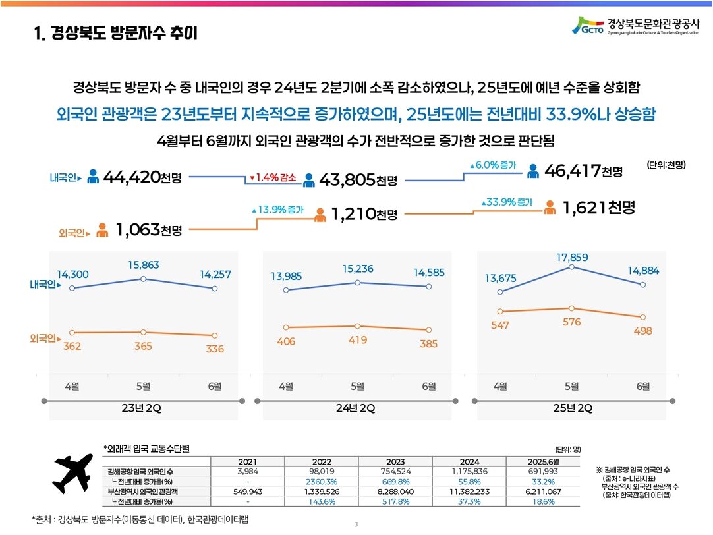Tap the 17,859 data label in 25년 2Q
[571, 256]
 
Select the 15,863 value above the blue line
[143, 265]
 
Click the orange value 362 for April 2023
[72, 347]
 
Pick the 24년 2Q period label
[355, 408]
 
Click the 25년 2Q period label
[572, 408]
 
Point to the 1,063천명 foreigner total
[148, 229]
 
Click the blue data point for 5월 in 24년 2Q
[357, 282]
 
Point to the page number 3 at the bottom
[356, 524]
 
